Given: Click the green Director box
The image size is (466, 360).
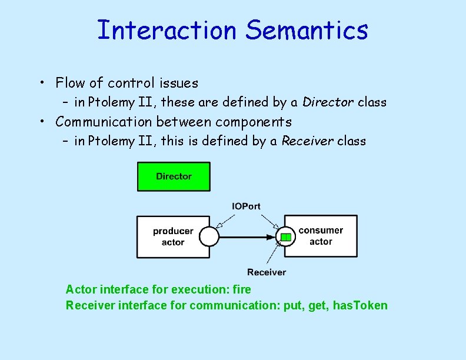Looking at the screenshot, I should (174, 176).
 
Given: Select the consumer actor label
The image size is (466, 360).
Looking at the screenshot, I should (321, 236).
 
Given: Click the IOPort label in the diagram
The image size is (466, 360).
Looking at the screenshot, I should (246, 206).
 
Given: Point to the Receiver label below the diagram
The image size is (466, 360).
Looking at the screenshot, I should (267, 272).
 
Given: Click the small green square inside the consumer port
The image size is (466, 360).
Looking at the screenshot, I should (285, 237).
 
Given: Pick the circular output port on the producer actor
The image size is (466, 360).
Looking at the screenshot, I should (209, 237).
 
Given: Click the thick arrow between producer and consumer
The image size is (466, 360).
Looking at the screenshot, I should (247, 237).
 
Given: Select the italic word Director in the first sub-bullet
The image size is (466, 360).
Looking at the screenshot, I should (328, 102).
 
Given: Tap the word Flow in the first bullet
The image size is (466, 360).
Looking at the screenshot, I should (70, 83).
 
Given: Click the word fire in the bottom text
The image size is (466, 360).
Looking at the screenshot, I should (242, 289).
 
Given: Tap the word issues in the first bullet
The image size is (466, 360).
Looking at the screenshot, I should (178, 83).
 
